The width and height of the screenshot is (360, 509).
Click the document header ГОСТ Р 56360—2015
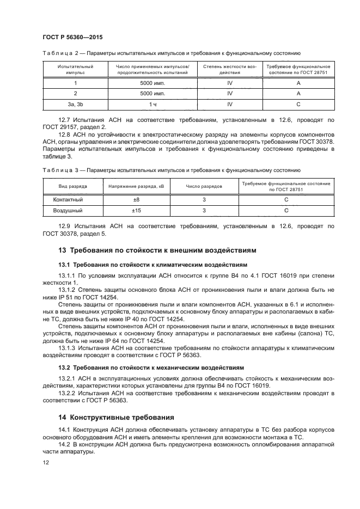click(x=72, y=36)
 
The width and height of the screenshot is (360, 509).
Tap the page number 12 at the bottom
click(x=46, y=462)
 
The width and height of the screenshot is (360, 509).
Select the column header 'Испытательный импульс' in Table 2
click(x=75, y=69)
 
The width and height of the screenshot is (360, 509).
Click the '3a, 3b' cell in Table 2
click(x=75, y=103)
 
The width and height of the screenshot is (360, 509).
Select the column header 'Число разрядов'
click(x=204, y=186)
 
